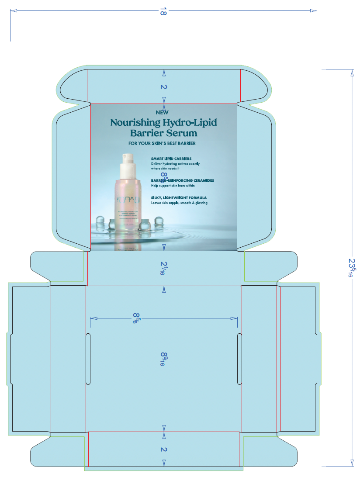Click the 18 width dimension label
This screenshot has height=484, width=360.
point(163,12)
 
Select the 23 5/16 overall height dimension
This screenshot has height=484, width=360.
point(351,268)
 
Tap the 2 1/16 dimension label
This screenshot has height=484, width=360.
point(163,268)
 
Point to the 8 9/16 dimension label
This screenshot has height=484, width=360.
point(163,359)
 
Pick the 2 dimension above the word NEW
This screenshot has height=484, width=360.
point(164,87)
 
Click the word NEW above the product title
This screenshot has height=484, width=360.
point(162,112)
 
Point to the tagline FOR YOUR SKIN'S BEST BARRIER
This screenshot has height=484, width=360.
point(162,143)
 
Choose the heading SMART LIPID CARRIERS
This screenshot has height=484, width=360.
point(171,159)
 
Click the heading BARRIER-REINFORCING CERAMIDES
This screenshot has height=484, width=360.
point(183,180)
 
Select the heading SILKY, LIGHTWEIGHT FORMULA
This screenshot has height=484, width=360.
point(176,198)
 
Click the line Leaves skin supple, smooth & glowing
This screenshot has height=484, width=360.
point(179,203)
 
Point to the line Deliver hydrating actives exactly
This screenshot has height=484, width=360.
point(175,163)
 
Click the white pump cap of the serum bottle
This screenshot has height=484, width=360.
point(129,160)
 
